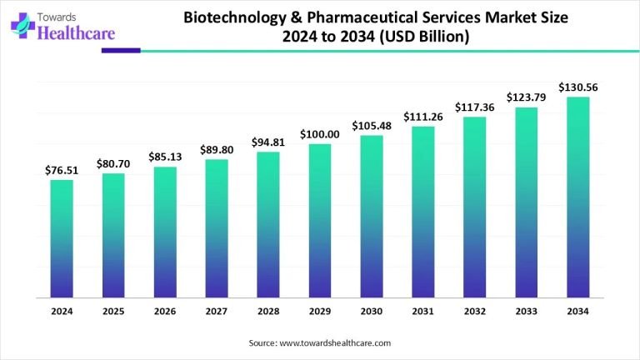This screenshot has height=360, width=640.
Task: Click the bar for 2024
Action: [x=62, y=238]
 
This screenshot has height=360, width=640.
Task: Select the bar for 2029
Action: [x=320, y=221]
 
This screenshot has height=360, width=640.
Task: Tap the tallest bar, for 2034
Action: [x=578, y=197]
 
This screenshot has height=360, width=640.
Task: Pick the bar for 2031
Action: [x=423, y=212]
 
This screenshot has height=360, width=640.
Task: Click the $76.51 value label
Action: [x=62, y=171]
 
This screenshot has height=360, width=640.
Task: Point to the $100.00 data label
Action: [x=320, y=135]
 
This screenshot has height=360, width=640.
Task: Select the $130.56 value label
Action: [x=578, y=87]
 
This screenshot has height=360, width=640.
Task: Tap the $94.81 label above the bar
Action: [x=268, y=142]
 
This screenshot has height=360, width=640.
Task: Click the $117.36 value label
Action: [x=475, y=107]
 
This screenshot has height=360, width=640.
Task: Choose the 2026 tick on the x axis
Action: [x=165, y=311]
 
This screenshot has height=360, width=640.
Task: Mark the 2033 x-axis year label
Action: [x=527, y=311]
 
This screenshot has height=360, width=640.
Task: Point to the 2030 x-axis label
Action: [x=372, y=311]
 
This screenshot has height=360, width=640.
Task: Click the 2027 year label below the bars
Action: [x=217, y=311]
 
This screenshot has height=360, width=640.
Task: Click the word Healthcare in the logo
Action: [x=73, y=33]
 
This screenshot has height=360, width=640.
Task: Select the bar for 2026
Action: [x=165, y=232]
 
